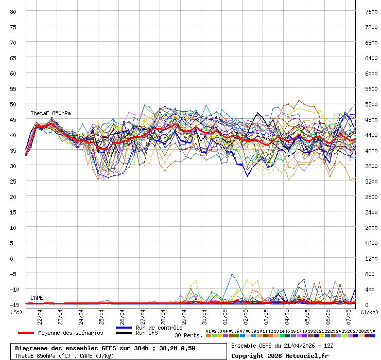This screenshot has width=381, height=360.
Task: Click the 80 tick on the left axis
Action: click(13, 11)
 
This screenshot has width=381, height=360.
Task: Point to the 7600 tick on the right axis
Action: click(371, 11)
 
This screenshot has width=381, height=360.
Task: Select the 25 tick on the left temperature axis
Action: click(13, 181)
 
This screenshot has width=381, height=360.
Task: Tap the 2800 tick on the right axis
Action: click(371, 196)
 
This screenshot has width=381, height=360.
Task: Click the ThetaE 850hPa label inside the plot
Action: click(50, 113)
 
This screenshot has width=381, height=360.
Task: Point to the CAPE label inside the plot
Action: click(37, 298)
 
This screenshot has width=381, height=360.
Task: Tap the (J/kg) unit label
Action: click(369, 312)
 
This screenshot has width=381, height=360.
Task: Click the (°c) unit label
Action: click(16, 312)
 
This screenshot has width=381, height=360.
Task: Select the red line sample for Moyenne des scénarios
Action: click(26, 333)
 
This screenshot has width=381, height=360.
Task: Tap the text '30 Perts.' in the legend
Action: click(188, 335)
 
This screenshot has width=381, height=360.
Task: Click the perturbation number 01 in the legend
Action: click(208, 331)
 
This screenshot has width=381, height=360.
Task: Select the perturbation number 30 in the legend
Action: click(373, 331)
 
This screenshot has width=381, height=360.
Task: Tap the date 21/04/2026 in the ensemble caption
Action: click(291, 345)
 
